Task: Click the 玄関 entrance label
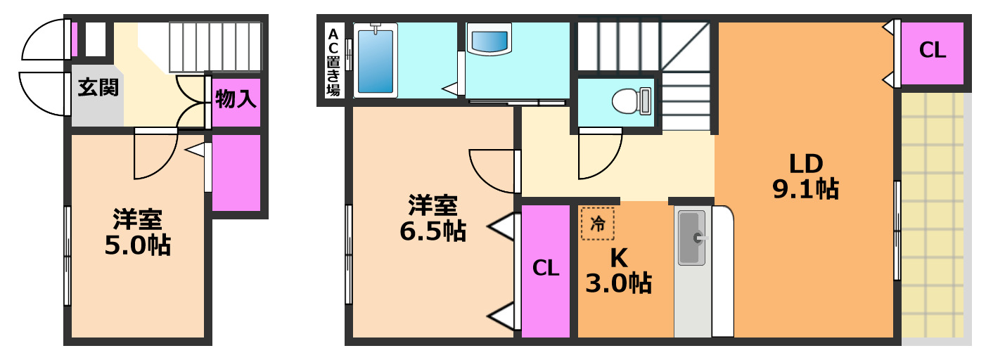98,88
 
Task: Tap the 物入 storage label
236,99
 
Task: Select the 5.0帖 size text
138,244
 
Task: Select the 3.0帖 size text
619,283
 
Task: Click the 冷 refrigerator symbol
597,224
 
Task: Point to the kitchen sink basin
691,238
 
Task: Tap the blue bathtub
375,60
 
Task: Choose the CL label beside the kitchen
546,268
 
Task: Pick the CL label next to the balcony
933,51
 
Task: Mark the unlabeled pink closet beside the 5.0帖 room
236,172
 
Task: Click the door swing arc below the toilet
599,157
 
